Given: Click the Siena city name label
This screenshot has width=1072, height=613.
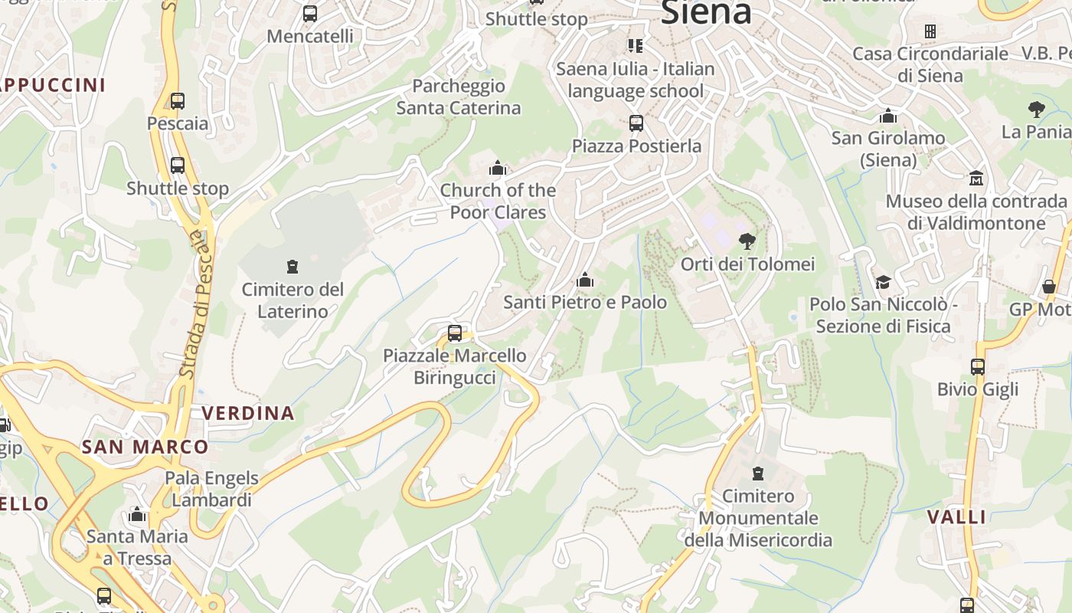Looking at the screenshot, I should pyautogui.click(x=705, y=11).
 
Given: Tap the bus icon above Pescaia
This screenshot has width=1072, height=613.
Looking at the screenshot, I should pyautogui.click(x=178, y=100).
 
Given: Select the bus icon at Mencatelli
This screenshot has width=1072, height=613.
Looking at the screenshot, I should pyautogui.click(x=309, y=13).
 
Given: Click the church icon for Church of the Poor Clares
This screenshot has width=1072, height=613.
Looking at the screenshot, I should pyautogui.click(x=498, y=167).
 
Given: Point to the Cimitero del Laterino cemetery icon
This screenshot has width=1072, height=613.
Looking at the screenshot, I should pyautogui.click(x=292, y=267).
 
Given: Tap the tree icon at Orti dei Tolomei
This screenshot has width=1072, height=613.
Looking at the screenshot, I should pyautogui.click(x=747, y=241).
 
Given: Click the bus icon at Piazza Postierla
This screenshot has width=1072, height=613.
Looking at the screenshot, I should pyautogui.click(x=636, y=123).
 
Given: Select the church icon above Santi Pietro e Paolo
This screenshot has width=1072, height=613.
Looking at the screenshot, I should pyautogui.click(x=585, y=280).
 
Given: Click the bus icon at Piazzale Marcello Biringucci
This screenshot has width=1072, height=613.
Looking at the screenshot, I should pyautogui.click(x=455, y=333).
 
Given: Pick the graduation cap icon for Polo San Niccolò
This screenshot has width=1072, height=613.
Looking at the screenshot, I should pyautogui.click(x=883, y=281).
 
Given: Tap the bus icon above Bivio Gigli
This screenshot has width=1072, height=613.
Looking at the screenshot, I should pyautogui.click(x=978, y=366).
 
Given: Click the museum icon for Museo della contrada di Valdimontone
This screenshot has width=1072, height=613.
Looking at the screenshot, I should pyautogui.click(x=976, y=178).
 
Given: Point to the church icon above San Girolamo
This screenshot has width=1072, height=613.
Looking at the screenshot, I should pyautogui.click(x=888, y=116).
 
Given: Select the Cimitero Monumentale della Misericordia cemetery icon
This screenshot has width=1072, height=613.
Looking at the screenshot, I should pyautogui.click(x=758, y=473).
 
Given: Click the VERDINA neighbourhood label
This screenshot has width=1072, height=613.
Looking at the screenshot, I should pyautogui.click(x=248, y=413).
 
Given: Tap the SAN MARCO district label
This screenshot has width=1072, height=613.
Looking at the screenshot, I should pyautogui.click(x=145, y=447).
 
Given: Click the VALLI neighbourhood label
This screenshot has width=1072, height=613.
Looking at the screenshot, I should pyautogui.click(x=957, y=516).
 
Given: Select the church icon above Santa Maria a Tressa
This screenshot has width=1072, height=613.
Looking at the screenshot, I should pyautogui.click(x=138, y=513).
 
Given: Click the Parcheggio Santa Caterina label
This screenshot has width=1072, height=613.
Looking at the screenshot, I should pyautogui.click(x=458, y=97).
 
